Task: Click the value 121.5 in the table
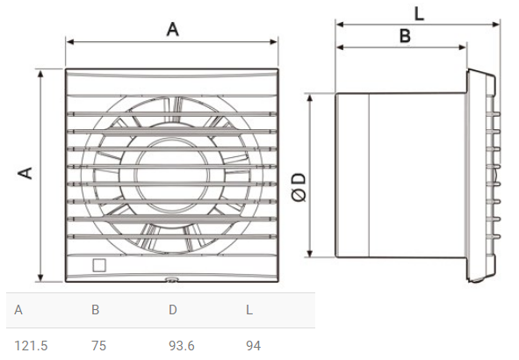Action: [x=31, y=346]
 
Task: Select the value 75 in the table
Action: [x=98, y=346]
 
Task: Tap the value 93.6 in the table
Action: [x=182, y=346]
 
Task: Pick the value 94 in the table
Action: [x=253, y=346]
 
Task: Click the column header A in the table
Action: [x=18, y=310]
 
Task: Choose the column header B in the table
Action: [x=96, y=310]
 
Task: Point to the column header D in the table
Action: [x=173, y=310]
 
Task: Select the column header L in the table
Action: [x=249, y=310]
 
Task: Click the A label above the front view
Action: [x=172, y=29]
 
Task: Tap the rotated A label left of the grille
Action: [x=25, y=173]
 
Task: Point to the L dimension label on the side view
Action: [x=419, y=14]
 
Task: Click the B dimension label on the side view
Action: [x=405, y=36]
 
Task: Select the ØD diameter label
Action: [x=299, y=187]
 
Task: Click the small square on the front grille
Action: [x=99, y=265]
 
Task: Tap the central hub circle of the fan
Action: [x=172, y=176]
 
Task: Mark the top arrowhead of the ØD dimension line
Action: [x=310, y=97]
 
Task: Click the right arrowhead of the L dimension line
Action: [x=496, y=25]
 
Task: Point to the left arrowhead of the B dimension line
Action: [x=340, y=47]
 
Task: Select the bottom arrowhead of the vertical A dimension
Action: [x=40, y=277]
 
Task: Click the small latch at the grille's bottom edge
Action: [x=171, y=279]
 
